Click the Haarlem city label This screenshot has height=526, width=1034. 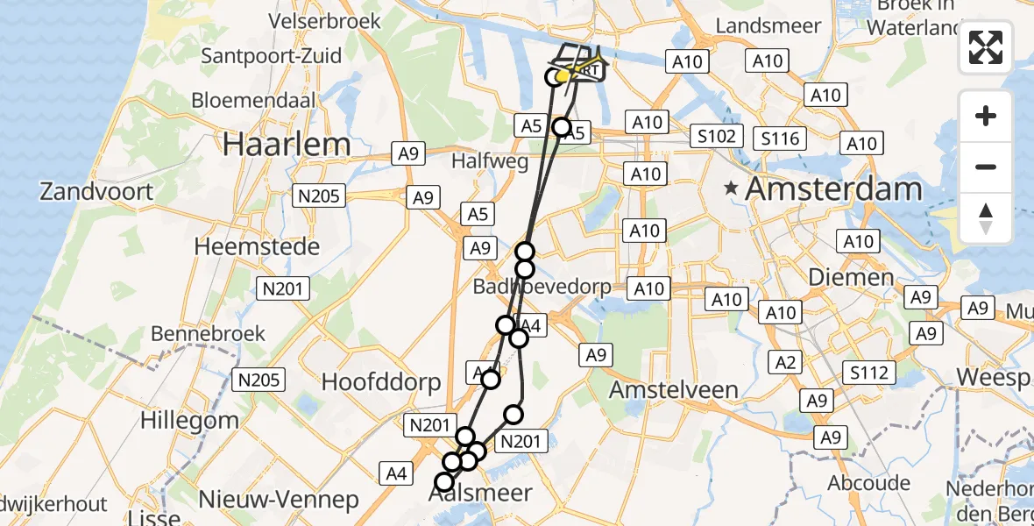point(287,145)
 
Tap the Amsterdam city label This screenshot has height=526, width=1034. point(833,188)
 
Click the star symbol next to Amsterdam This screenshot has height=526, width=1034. point(731,188)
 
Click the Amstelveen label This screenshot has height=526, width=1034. point(675,388)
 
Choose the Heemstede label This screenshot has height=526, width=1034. point(256,247)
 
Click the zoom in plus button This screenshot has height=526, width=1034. point(986,116)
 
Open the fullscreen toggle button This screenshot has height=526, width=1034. point(986,48)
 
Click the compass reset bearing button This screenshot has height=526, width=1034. point(986,217)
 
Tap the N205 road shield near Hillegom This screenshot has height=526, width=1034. point(259,380)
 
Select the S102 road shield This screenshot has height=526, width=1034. point(716,137)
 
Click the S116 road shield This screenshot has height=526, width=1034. point(780,138)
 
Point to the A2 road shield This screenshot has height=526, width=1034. point(785,361)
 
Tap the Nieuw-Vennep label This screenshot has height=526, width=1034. point(279,500)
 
